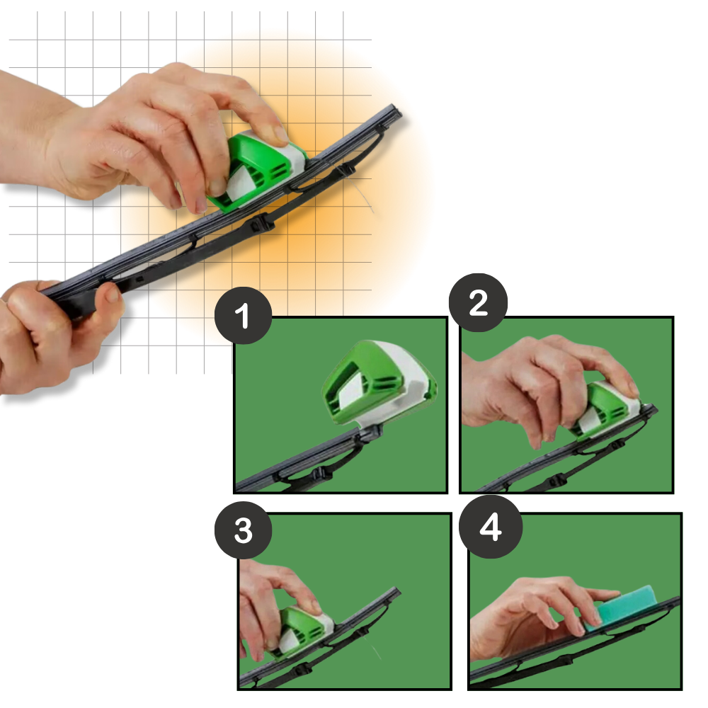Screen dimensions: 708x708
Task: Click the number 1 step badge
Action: [243, 315]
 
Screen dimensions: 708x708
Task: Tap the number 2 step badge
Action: [479, 303]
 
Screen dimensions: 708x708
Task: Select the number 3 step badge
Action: [243, 530]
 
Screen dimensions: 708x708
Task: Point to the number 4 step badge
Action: [491, 527]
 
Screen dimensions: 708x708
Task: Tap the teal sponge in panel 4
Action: [620, 606]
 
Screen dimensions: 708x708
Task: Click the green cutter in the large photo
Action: [251, 170]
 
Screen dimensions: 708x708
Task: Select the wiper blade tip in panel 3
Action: [395, 592]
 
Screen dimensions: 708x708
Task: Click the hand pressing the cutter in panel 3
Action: [265, 595]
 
